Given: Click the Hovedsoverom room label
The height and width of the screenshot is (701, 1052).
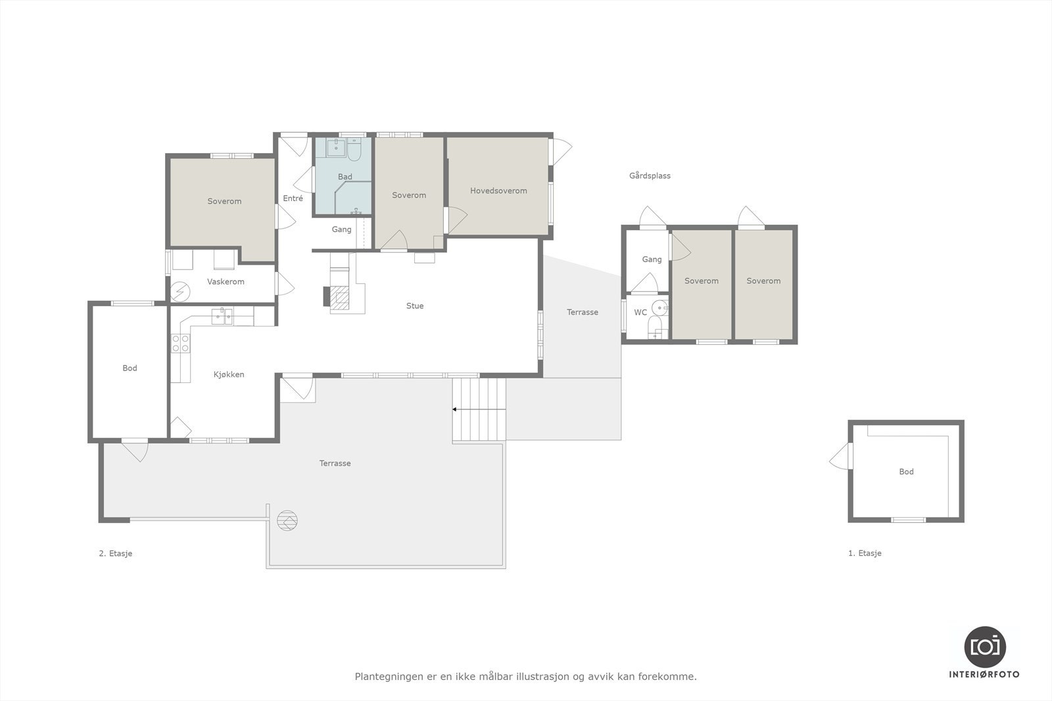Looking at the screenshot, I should [x=498, y=191].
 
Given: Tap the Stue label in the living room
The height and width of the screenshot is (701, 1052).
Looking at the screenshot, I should [x=415, y=306].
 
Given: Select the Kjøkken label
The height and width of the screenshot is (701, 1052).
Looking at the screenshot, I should [x=229, y=374].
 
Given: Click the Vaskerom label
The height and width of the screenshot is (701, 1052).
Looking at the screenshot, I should [x=226, y=282].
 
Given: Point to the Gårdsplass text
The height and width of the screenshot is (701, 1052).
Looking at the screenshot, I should [x=650, y=176].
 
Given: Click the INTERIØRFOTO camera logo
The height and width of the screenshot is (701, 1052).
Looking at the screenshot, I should [x=985, y=646].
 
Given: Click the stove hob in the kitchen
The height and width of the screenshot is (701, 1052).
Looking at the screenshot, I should [x=181, y=344].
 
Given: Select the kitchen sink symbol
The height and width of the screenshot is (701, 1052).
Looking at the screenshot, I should [x=222, y=317].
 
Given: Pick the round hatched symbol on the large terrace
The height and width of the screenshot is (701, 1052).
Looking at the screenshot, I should [x=287, y=521].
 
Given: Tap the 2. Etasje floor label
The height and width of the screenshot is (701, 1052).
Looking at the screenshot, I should [x=116, y=554].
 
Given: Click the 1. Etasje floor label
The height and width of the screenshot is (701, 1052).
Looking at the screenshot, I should [x=865, y=554].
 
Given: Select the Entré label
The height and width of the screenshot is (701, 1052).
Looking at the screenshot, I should [x=293, y=198].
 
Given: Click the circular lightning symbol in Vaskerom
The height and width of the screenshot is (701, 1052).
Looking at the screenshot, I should [x=179, y=290].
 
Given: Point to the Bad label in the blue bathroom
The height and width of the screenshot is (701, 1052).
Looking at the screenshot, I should [x=345, y=177].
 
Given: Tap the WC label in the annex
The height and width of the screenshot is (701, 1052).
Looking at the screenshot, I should [x=640, y=313].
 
